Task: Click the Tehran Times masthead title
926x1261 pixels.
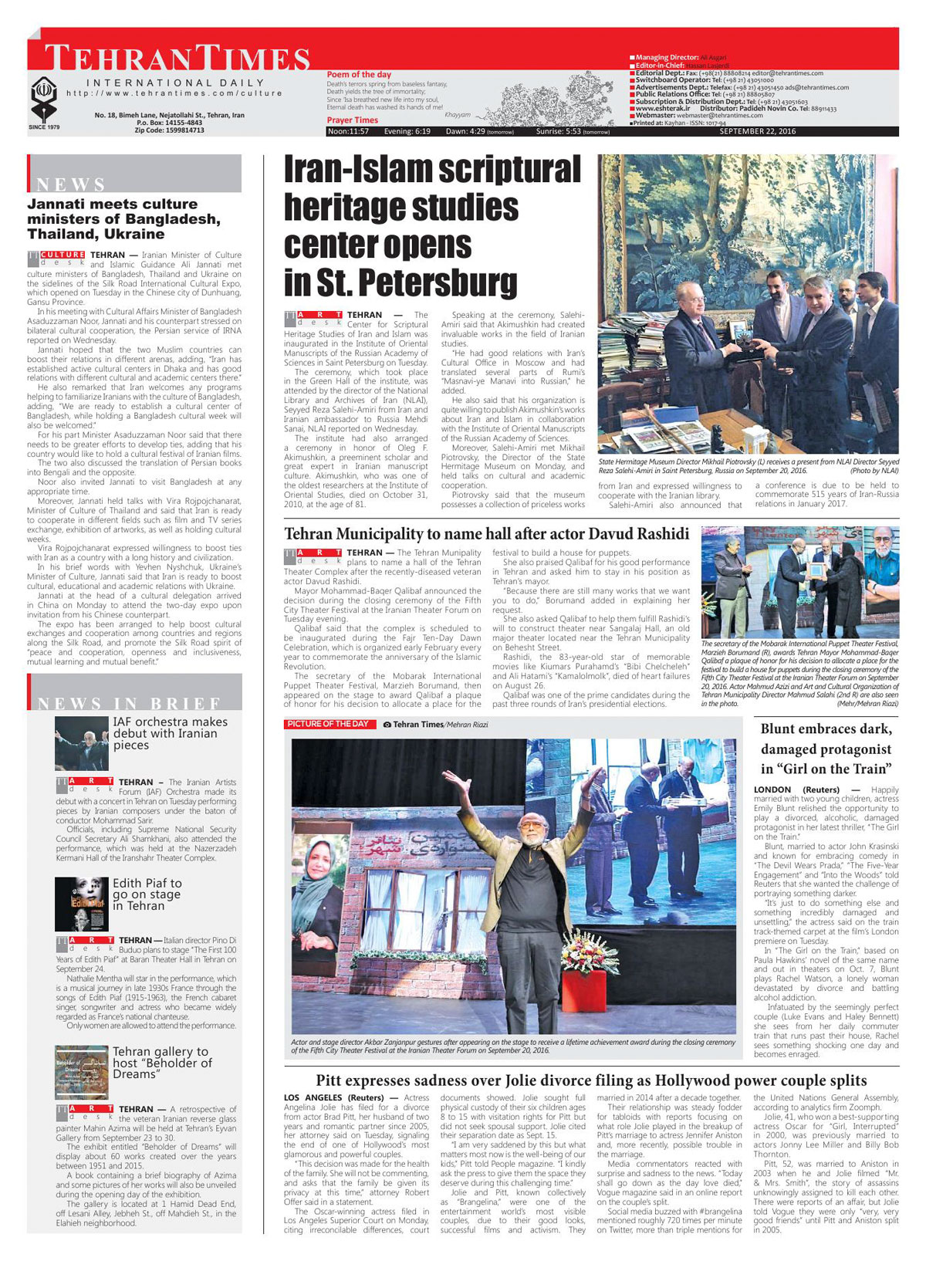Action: click(x=177, y=59)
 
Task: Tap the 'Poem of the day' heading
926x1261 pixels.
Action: click(x=359, y=75)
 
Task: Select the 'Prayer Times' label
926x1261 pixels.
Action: click(x=352, y=120)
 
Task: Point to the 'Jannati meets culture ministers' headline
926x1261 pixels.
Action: click(x=123, y=218)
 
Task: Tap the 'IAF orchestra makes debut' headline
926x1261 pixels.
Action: click(x=170, y=733)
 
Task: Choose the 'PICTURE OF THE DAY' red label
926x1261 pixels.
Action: click(x=328, y=725)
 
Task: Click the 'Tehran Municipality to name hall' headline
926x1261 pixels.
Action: click(x=486, y=534)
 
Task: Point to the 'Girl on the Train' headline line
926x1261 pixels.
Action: click(x=826, y=769)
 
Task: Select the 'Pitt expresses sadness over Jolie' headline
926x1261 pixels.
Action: click(x=591, y=1081)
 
